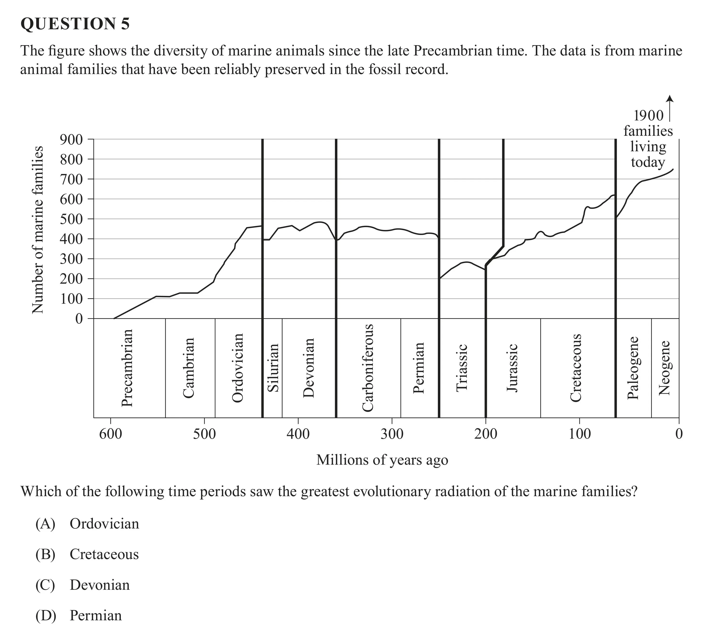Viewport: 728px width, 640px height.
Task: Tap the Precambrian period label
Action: click(x=127, y=368)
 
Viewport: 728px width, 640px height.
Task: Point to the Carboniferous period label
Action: click(x=368, y=368)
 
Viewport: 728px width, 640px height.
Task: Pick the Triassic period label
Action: click(x=462, y=368)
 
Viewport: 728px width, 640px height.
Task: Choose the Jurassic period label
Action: click(x=512, y=368)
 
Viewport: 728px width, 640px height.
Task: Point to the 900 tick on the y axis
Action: click(x=71, y=139)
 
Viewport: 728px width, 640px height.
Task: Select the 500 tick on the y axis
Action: click(x=71, y=219)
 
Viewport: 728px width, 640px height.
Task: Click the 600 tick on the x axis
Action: click(x=111, y=434)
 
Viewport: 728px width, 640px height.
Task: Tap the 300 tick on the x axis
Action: click(x=392, y=434)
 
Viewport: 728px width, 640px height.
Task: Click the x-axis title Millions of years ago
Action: click(x=382, y=460)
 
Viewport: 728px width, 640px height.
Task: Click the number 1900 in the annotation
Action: click(x=649, y=116)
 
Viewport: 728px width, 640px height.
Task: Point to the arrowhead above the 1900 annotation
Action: click(x=670, y=98)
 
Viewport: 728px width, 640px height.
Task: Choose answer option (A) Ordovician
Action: click(x=87, y=524)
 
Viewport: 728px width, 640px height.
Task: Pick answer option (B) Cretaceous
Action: click(x=87, y=554)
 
